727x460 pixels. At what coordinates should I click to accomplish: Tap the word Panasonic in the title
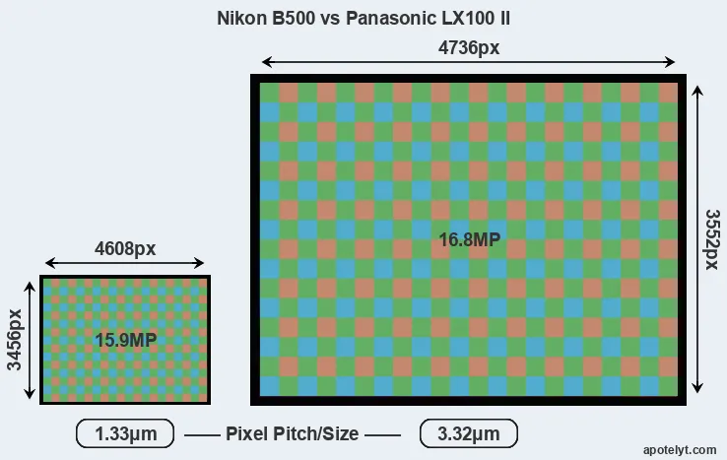coord(390,19)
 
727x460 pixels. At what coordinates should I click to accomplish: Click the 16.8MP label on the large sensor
coord(470,239)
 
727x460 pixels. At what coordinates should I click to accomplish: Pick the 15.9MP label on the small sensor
coord(126,341)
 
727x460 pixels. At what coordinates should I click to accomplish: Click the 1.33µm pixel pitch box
coord(125,433)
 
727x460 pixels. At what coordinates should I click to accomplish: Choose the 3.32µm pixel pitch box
coord(469,433)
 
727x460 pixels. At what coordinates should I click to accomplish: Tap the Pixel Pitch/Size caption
coord(293,434)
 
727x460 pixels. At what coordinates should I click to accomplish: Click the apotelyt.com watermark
coord(680,450)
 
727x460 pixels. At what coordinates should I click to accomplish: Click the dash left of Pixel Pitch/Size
coord(202,435)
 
